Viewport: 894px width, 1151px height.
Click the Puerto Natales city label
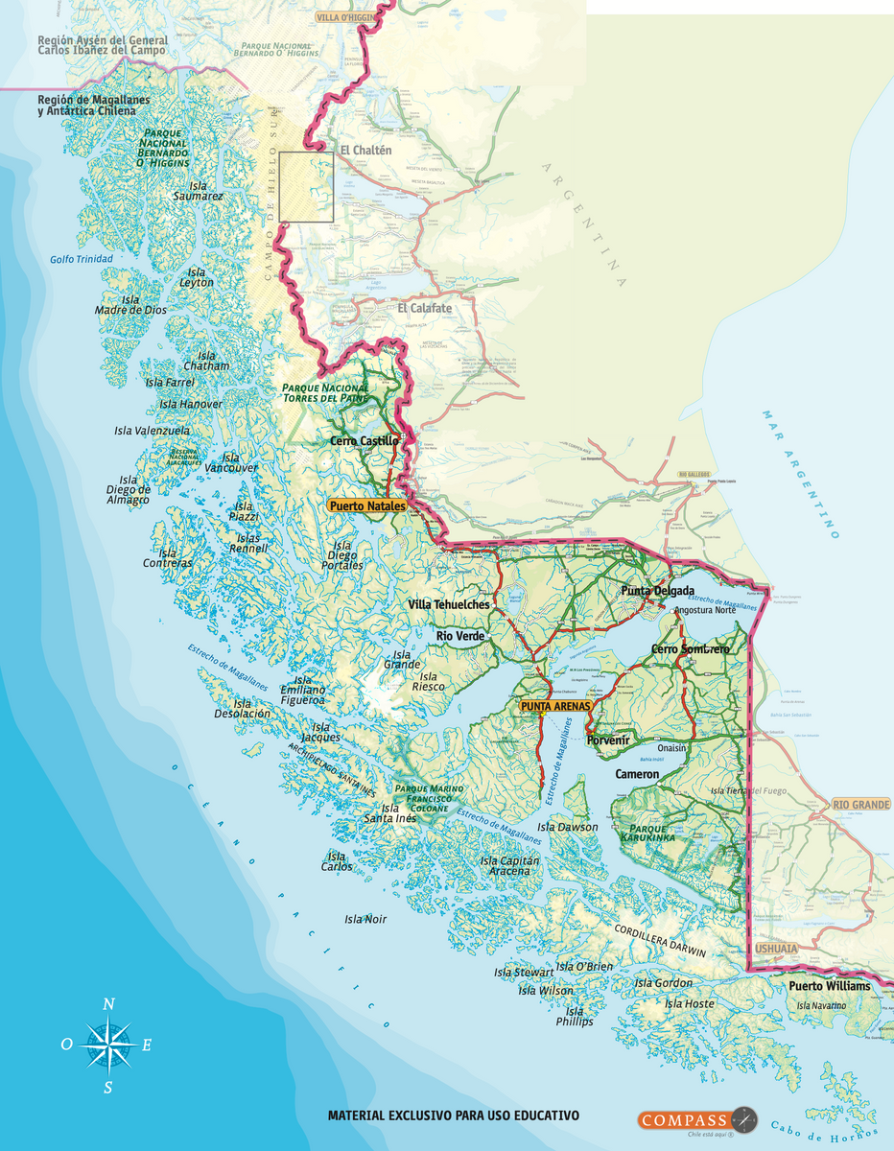point(366,505)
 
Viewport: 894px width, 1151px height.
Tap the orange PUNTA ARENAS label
point(555,706)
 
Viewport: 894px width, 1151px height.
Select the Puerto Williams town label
point(830,986)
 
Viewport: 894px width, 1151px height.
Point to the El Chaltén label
point(365,151)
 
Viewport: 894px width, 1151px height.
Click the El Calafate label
point(424,308)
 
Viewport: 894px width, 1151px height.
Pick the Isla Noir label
point(365,919)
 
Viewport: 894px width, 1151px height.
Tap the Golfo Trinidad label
point(82,260)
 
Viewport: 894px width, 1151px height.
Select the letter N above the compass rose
point(108,1004)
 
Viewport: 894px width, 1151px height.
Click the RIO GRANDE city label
point(860,804)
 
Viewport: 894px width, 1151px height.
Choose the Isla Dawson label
point(567,827)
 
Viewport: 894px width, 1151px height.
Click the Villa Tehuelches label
point(448,604)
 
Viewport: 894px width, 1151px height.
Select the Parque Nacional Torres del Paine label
point(325,392)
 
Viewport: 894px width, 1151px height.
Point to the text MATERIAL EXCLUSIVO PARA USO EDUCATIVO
point(454,1116)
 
